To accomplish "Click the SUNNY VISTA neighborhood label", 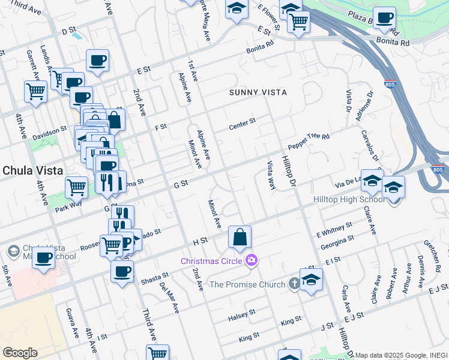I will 258,92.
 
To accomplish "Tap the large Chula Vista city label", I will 33,170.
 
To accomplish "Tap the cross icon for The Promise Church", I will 294,284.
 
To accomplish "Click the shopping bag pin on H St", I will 240,238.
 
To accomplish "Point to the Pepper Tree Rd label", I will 309,142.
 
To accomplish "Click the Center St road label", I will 243,124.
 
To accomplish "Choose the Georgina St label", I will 337,239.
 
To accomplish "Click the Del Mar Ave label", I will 169,298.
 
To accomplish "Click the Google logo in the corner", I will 20,353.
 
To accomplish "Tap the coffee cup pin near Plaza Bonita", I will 384,18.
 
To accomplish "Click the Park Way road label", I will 68,203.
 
